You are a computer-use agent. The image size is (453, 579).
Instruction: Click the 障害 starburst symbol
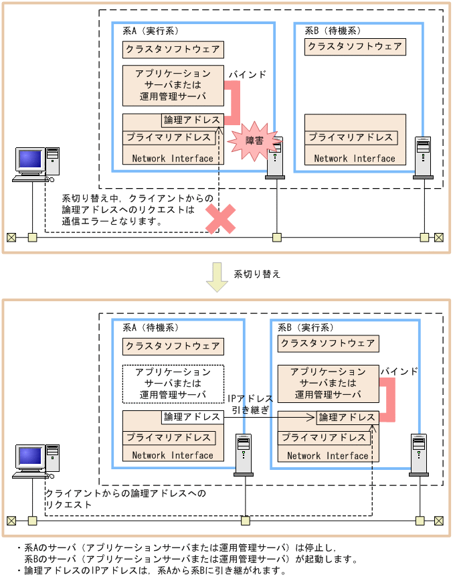[254, 140]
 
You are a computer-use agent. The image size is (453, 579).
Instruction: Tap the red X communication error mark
[220, 219]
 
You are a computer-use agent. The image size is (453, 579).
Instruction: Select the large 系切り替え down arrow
[217, 276]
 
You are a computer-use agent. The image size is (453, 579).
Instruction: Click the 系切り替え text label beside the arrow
[257, 274]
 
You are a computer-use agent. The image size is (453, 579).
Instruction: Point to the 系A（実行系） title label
[151, 31]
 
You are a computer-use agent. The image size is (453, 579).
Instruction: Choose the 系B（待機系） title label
[333, 31]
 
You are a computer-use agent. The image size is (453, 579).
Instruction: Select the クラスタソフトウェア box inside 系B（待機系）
[355, 47]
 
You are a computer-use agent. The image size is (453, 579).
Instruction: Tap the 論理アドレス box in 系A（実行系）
[192, 120]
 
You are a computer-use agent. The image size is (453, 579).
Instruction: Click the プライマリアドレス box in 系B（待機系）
[351, 137]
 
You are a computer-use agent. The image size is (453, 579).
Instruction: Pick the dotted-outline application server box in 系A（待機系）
[173, 384]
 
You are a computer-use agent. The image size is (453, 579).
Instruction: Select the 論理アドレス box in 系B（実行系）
[347, 417]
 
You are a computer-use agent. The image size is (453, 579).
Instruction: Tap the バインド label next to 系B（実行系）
[399, 371]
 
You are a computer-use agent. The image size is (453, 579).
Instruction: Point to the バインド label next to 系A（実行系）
[247, 74]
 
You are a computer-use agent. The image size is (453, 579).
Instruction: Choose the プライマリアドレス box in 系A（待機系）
[169, 438]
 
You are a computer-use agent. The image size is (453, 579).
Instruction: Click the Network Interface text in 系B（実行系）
[328, 455]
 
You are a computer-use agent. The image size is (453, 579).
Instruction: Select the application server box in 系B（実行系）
[328, 383]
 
